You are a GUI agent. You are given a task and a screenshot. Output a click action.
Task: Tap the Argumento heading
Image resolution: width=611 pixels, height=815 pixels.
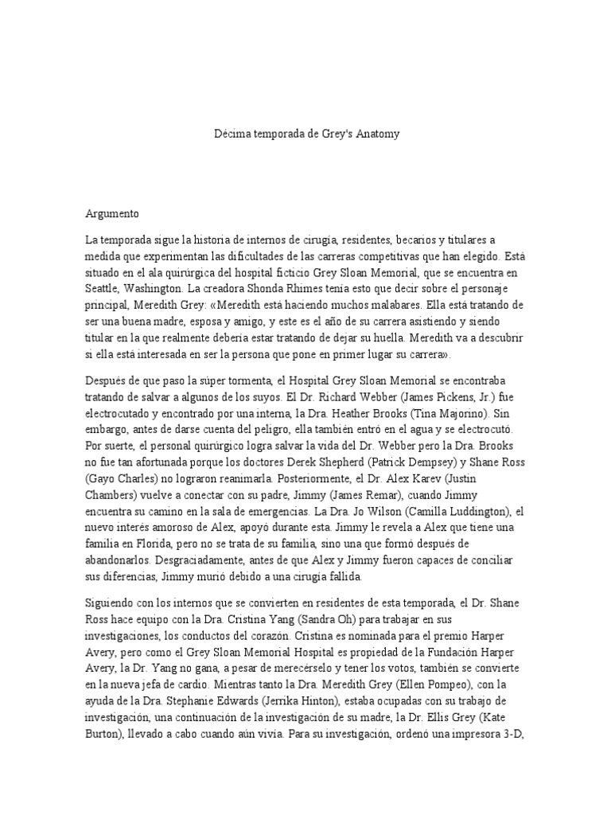(112, 213)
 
